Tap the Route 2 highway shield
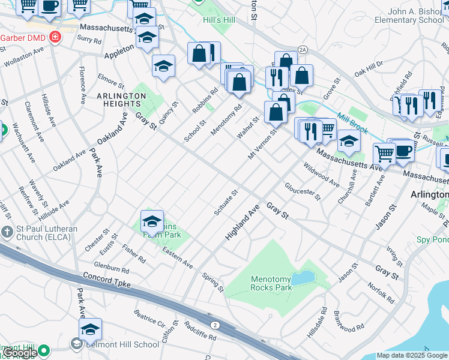click(x=215, y=325)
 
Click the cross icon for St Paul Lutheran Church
click(x=7, y=232)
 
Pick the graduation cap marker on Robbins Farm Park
click(x=152, y=222)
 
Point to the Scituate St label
click(x=226, y=202)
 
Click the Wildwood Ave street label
click(x=322, y=173)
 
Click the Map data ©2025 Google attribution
click(x=412, y=355)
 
